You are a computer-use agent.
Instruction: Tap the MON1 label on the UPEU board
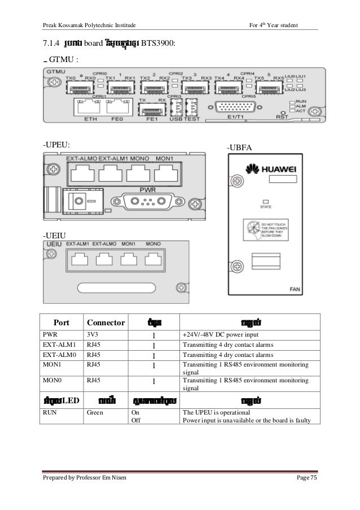click(x=165, y=157)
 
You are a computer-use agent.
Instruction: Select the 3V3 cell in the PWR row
click(x=92, y=334)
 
